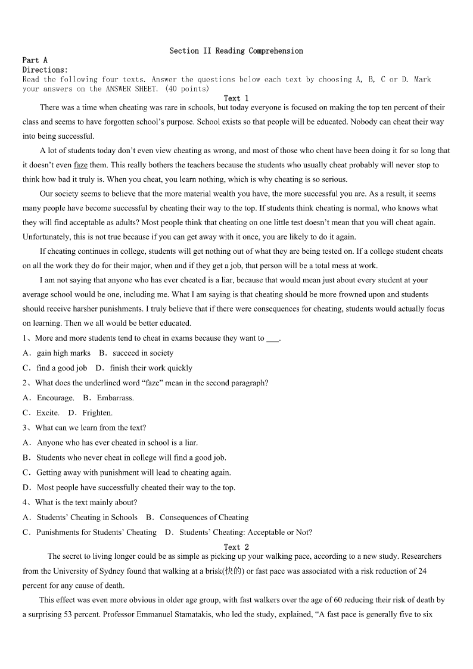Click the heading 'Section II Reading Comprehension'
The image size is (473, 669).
[236, 51]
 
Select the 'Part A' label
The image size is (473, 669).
[35, 60]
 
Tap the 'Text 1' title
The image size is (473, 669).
[236, 98]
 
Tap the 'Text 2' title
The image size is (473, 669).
[236, 547]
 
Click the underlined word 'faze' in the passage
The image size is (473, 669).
[80, 165]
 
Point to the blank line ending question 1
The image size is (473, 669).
[272, 338]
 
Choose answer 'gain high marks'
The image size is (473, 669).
[64, 353]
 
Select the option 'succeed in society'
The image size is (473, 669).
[143, 353]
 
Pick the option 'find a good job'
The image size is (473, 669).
[62, 368]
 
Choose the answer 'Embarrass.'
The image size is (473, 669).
[116, 398]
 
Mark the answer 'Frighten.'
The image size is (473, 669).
[98, 413]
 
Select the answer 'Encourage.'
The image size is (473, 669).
[55, 398]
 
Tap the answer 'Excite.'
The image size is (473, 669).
[48, 413]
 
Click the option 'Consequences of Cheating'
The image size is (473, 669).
[204, 518]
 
